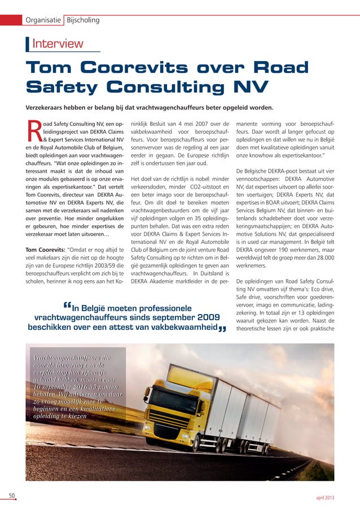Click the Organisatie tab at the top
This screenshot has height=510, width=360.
coord(42,20)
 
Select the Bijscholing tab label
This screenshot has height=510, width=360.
coord(83,20)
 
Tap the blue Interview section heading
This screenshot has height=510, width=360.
coord(58,43)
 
